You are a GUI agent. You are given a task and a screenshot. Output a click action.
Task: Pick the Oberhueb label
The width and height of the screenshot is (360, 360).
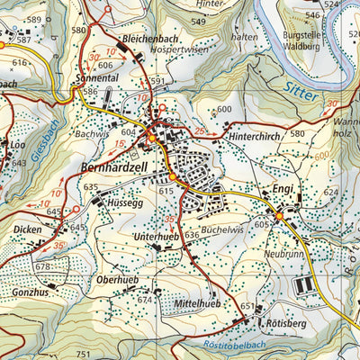[116, 280]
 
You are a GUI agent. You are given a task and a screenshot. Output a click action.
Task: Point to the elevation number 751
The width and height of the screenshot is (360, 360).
[85, 355]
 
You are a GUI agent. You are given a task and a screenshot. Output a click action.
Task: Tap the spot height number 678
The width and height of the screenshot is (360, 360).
[42, 267]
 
